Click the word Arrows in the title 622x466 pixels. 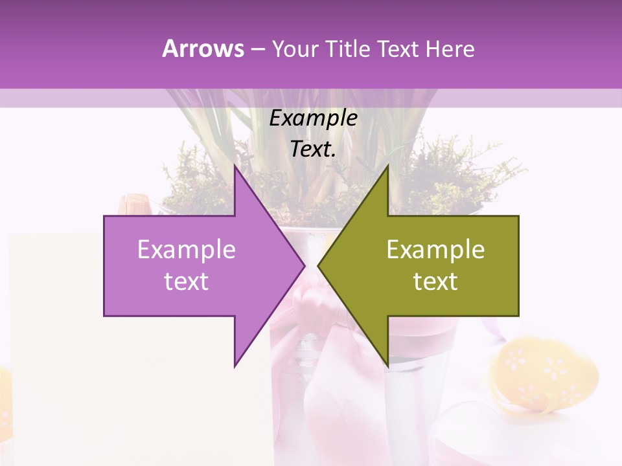click(x=203, y=49)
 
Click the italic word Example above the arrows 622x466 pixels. click(x=313, y=118)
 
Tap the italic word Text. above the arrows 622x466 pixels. click(x=313, y=149)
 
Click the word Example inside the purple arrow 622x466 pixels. click(x=187, y=250)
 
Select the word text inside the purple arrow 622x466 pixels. click(x=187, y=282)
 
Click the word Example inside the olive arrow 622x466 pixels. click(x=435, y=250)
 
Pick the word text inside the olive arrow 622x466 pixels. click(x=435, y=282)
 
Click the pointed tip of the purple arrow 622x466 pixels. click(x=305, y=266)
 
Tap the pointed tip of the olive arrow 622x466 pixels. click(x=318, y=266)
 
